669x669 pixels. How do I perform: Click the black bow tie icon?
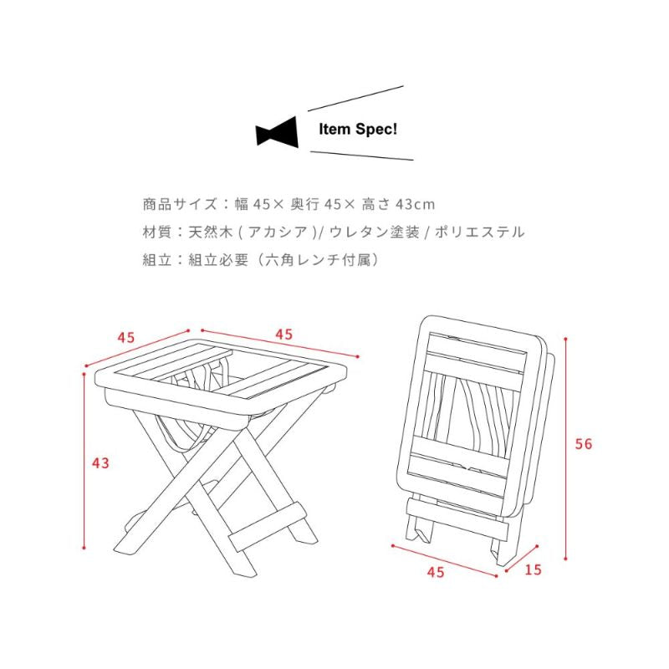pyautogui.click(x=277, y=132)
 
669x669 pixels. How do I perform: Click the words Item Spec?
pyautogui.click(x=358, y=130)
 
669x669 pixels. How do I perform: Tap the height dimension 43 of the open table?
pyautogui.click(x=100, y=463)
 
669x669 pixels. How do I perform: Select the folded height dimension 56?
pyautogui.click(x=583, y=444)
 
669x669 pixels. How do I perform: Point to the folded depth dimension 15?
pyautogui.click(x=533, y=569)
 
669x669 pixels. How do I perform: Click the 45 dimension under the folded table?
pyautogui.click(x=436, y=572)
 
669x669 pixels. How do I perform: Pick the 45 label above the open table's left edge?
pyautogui.click(x=126, y=338)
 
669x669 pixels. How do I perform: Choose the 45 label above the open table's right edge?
pyautogui.click(x=283, y=334)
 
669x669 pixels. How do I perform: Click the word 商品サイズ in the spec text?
pyautogui.click(x=180, y=204)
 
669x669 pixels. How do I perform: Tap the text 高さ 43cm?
pyautogui.click(x=398, y=204)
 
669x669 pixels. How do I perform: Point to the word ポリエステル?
pyautogui.click(x=479, y=232)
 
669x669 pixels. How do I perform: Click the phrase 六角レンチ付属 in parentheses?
pyautogui.click(x=322, y=259)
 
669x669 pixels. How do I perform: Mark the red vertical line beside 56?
pyautogui.click(x=566, y=448)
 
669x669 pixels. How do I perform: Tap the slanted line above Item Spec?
pyautogui.click(x=355, y=99)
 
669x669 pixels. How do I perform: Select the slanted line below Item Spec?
pyautogui.click(x=362, y=156)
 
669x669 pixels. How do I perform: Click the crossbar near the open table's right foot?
pyautogui.click(x=268, y=527)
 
